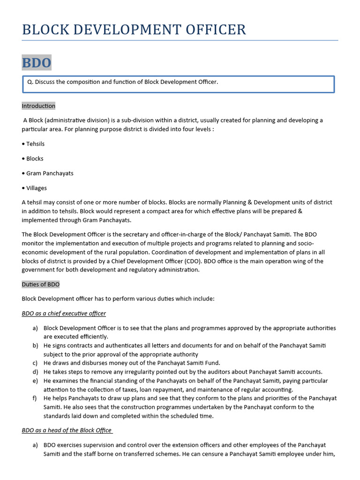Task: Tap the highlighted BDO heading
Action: pos(37,62)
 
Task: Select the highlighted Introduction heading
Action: pos(38,106)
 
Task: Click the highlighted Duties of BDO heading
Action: pos(41,285)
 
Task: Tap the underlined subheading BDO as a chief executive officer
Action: pos(64,313)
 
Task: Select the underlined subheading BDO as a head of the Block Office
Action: pos(67,430)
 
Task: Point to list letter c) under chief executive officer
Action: pos(35,363)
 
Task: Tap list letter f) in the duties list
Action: pos(35,398)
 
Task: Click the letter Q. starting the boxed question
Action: pos(30,82)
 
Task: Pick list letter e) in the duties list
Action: pos(35,381)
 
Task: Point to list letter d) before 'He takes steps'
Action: pos(35,372)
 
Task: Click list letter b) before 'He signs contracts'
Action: pos(35,345)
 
